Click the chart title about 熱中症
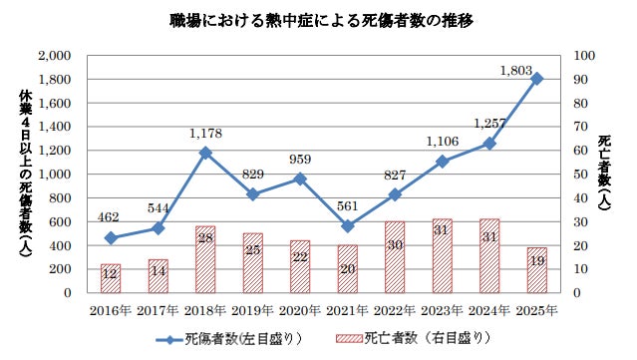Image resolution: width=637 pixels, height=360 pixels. click(321, 21)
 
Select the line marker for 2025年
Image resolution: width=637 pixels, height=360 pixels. click(537, 79)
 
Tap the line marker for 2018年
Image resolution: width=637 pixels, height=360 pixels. click(205, 154)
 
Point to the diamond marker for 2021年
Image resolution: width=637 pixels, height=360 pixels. click(348, 226)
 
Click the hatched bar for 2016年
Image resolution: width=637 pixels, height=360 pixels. click(111, 278)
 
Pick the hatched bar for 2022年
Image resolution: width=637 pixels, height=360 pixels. click(395, 257)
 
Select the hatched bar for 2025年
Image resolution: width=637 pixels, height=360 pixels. click(537, 270)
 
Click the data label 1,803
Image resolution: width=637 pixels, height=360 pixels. click(516, 71)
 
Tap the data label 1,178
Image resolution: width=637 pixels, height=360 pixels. click(205, 134)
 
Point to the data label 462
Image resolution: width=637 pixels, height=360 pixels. click(108, 217)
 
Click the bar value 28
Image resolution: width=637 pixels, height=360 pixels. click(205, 237)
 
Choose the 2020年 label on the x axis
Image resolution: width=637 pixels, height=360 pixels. click(300, 311)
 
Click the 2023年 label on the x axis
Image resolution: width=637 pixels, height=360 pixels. click(442, 311)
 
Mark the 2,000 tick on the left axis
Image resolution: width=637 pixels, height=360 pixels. click(55, 56)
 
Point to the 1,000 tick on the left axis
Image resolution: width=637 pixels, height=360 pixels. click(55, 175)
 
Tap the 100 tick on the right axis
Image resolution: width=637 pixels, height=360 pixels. click(584, 56)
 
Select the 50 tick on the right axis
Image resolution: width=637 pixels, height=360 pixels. click(580, 175)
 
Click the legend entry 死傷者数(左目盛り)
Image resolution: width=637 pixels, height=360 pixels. click(228, 338)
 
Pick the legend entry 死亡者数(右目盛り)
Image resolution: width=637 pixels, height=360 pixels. click(413, 338)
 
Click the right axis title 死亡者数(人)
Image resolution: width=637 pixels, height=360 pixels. click(604, 173)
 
